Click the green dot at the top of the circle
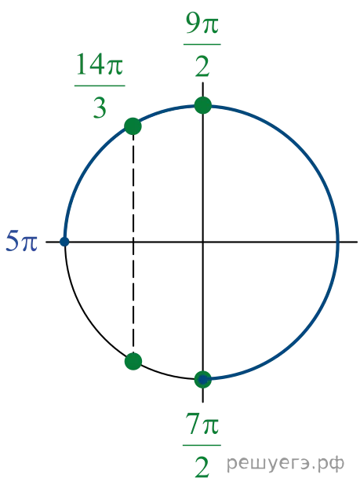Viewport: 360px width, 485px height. [202, 105]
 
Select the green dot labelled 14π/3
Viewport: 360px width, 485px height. [133, 126]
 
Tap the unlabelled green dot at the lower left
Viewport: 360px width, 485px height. [133, 361]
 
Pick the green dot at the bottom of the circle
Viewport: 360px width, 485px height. [202, 379]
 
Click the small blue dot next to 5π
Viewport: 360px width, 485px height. [64, 241]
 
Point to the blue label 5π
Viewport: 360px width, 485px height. [22, 241]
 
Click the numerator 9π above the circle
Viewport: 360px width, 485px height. [202, 24]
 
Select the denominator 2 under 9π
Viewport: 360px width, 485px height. [202, 66]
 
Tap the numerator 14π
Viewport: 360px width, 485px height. [100, 64]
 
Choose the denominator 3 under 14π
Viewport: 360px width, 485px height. [100, 108]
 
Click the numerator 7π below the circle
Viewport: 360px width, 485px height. [202, 424]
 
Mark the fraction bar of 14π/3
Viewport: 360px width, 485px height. [100, 86]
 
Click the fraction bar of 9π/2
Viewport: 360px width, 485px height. [202, 45]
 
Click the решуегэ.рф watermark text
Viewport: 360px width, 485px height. [285, 463]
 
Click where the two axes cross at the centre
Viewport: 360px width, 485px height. [202, 242]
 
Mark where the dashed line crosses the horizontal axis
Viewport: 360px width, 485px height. [133, 242]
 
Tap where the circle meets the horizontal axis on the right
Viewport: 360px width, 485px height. [337, 242]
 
